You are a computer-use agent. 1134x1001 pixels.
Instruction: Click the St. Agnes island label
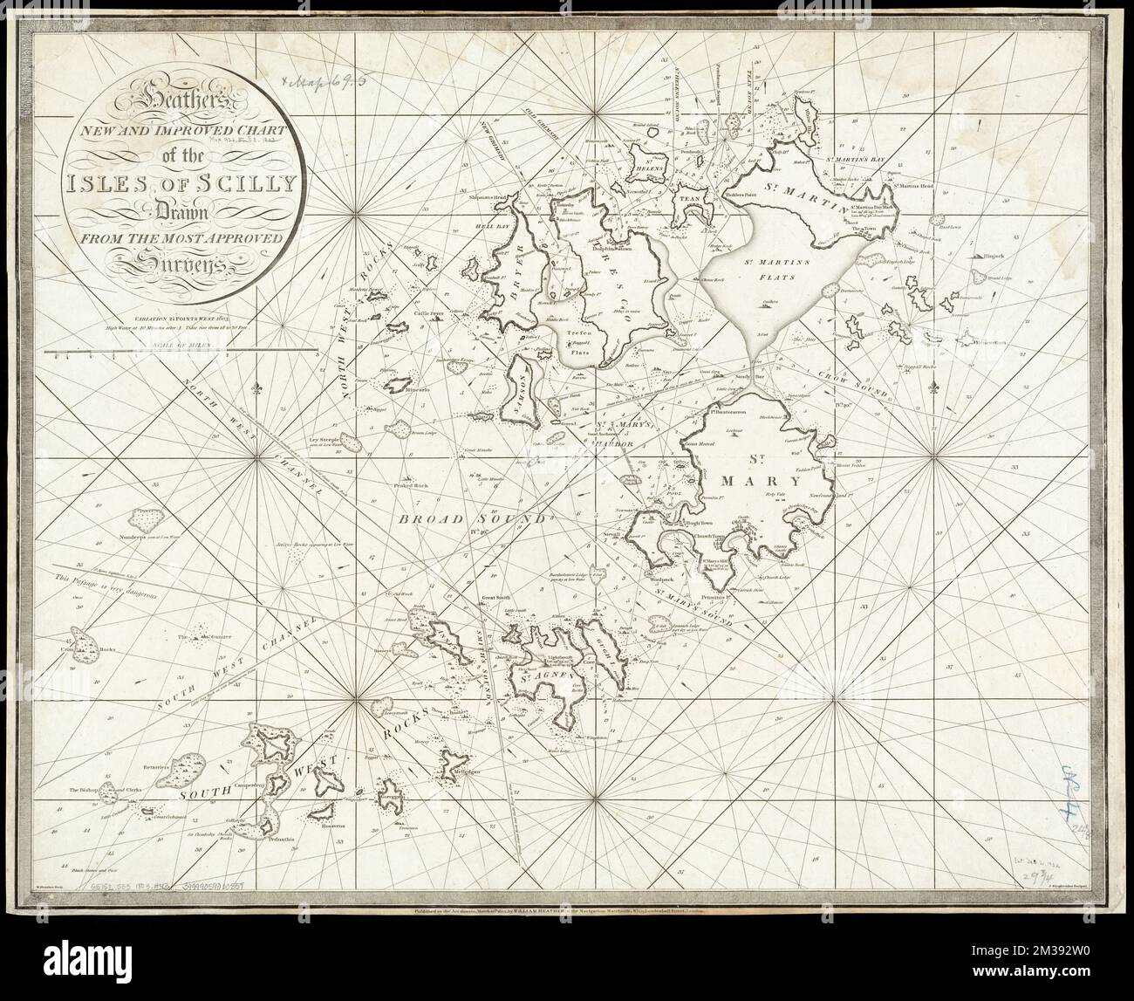(x=540, y=675)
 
